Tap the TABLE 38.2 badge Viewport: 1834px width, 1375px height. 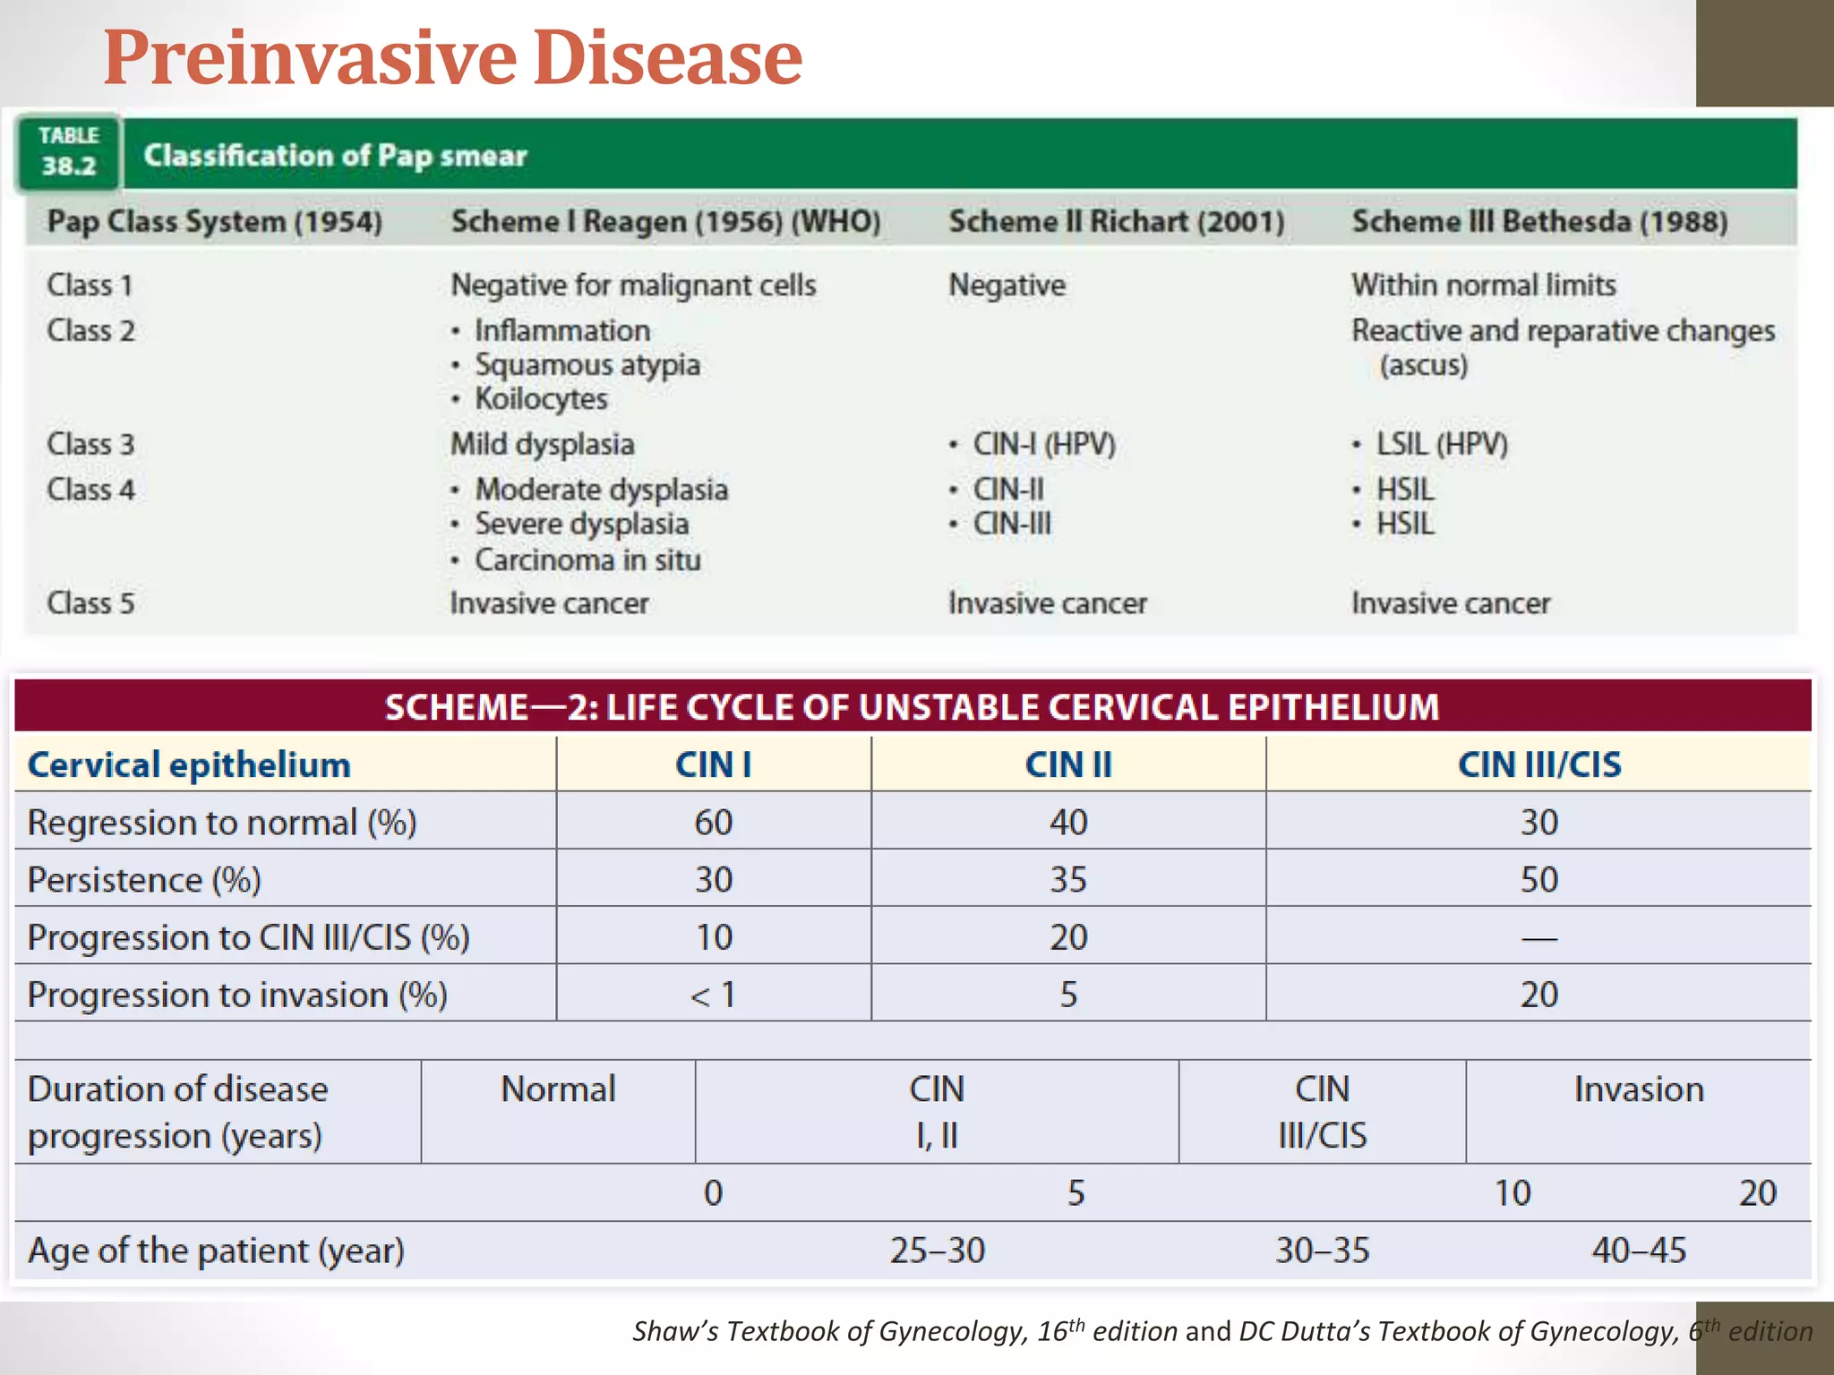(68, 151)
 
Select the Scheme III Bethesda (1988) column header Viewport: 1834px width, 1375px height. (1538, 221)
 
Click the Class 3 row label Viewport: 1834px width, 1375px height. (90, 444)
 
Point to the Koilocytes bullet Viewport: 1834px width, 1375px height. (540, 398)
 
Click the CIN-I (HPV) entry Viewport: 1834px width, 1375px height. (1043, 444)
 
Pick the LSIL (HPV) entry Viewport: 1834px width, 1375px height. (1441, 444)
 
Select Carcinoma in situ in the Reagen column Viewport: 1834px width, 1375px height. (587, 559)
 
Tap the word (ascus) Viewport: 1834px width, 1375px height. (1423, 365)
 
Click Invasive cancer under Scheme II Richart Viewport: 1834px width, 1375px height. (1047, 603)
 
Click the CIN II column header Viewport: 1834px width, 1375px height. (1067, 764)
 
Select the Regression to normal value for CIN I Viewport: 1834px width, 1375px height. (713, 822)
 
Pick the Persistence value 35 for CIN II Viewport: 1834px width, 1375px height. (1067, 879)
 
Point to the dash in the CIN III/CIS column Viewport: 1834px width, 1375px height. (1538, 938)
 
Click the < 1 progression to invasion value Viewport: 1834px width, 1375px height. (713, 995)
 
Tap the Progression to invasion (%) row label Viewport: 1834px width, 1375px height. (237, 995)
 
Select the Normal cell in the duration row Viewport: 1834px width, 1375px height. (558, 1089)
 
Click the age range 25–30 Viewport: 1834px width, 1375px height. (937, 1250)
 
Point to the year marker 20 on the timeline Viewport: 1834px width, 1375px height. (1757, 1192)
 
